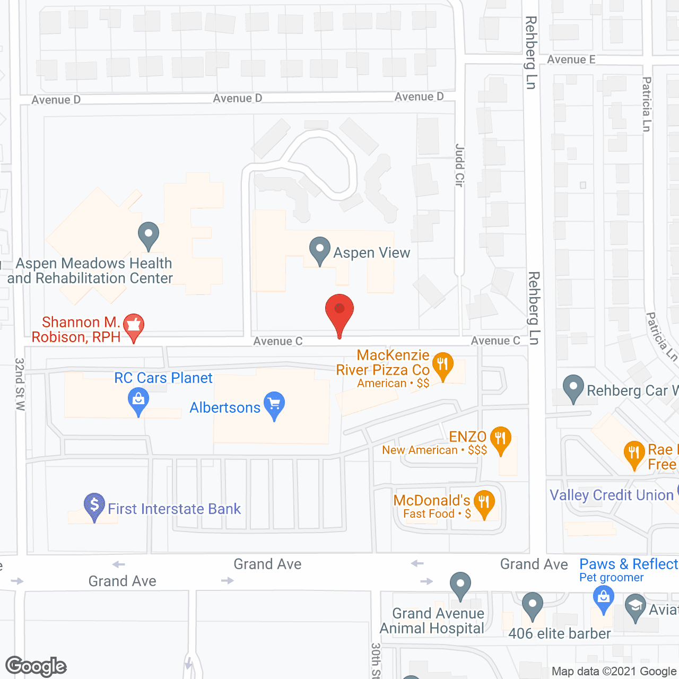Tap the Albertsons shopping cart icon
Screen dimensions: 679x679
[274, 405]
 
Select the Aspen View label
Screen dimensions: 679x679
[371, 253]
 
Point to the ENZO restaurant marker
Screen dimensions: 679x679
[500, 440]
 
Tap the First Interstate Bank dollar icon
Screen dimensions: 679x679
[94, 506]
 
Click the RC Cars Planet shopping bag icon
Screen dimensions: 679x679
[138, 402]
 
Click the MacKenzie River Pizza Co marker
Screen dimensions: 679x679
[442, 365]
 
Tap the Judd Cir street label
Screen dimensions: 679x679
[459, 165]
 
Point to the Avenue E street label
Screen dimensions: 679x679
[571, 59]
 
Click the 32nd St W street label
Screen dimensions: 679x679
[20, 384]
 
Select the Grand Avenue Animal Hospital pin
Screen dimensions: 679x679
[460, 585]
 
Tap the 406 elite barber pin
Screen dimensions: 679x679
[533, 606]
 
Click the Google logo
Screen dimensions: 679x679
[36, 666]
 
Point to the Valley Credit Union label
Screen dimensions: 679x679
[611, 495]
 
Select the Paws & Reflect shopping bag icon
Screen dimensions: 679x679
[603, 598]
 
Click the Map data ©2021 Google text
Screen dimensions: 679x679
[614, 672]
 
